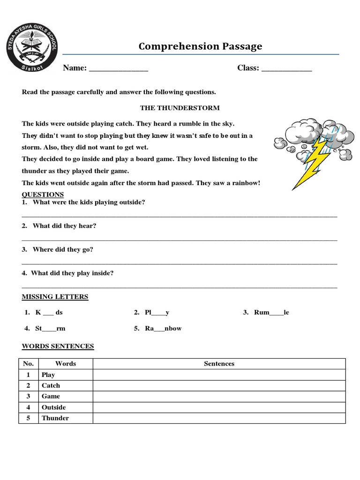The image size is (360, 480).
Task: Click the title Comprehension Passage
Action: (200, 46)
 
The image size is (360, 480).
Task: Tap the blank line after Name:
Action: (118, 68)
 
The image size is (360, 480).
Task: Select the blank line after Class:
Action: (286, 68)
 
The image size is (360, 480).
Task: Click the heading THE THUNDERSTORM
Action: (180, 108)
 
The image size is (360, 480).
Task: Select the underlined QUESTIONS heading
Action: (43, 195)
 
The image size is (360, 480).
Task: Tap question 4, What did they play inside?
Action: (72, 273)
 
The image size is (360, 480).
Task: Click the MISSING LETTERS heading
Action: (55, 297)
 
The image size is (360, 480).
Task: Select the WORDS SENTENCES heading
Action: (58, 346)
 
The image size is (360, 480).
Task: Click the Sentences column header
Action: (219, 364)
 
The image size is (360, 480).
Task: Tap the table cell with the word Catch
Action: (51, 385)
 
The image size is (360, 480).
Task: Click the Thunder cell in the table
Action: (55, 418)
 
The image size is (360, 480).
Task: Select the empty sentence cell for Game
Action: (219, 397)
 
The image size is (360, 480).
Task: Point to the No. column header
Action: (28, 364)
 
